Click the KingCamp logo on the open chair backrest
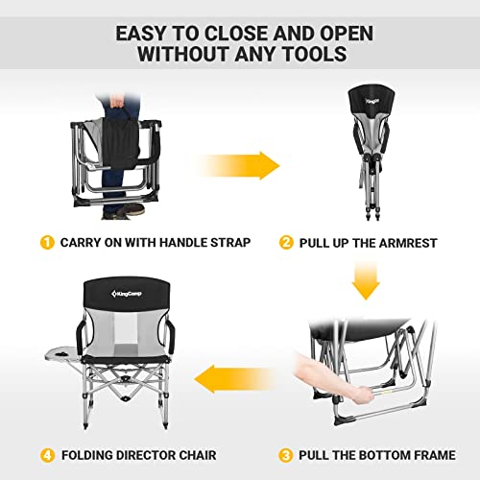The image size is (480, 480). click(x=122, y=290)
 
